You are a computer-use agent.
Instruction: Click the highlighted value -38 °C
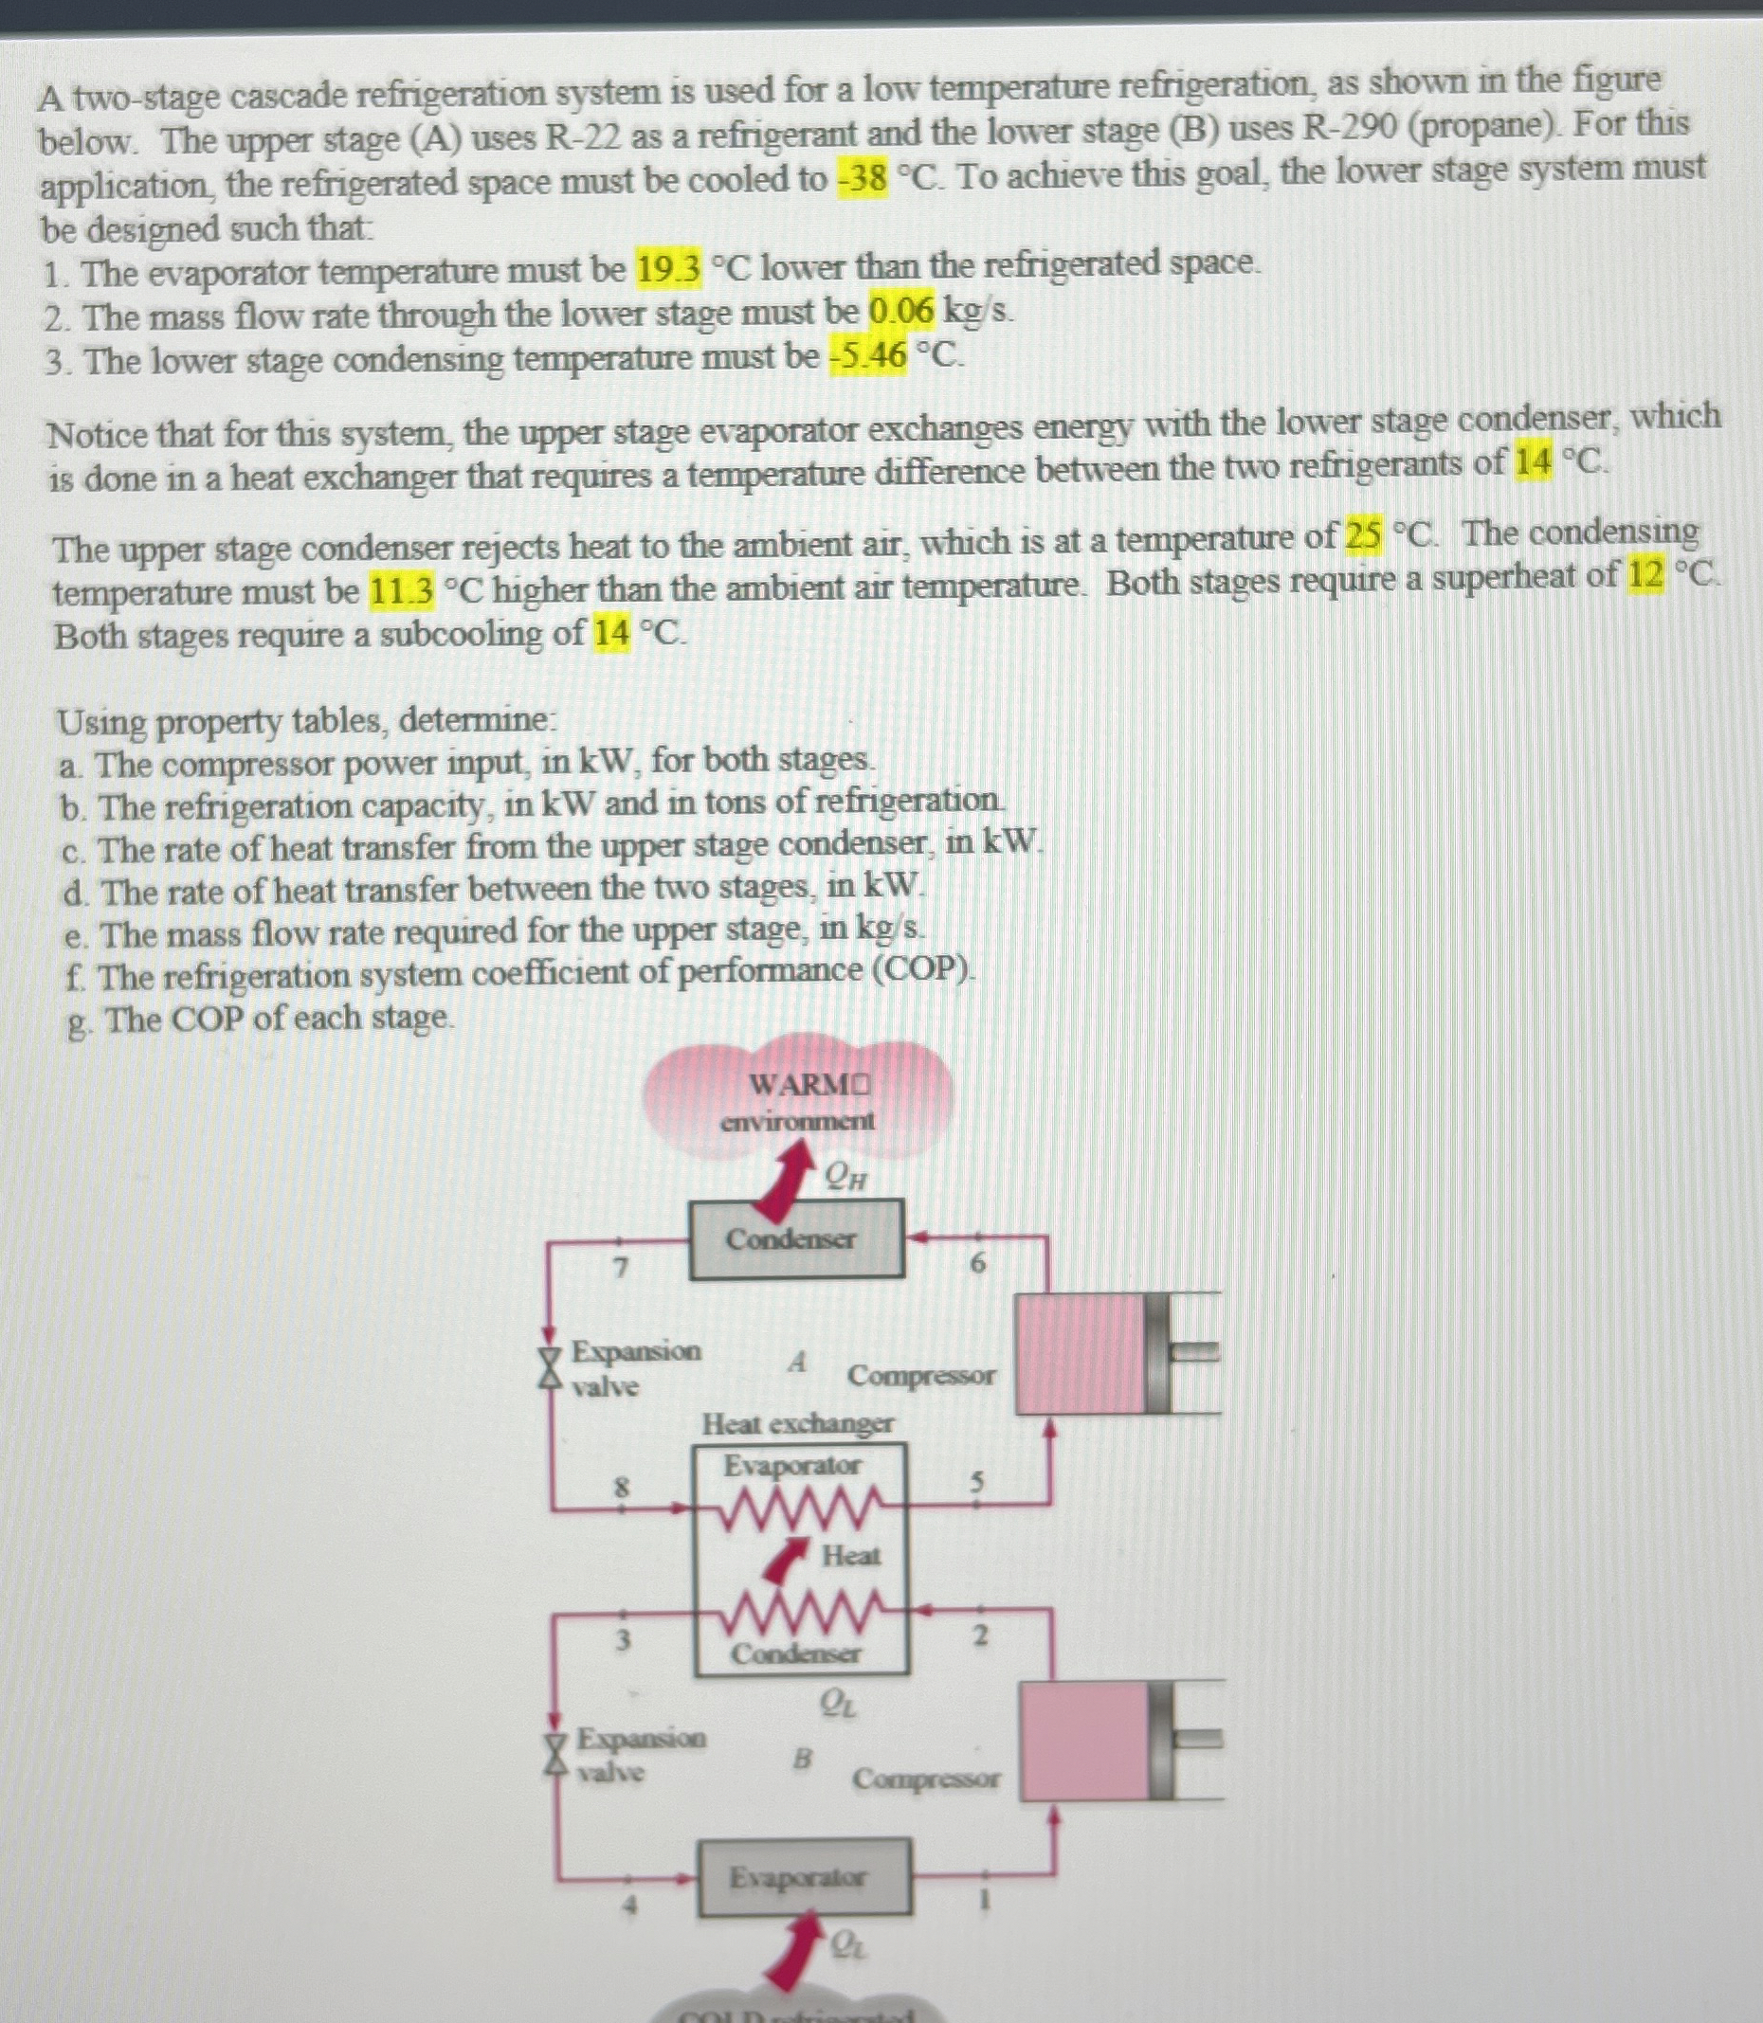pos(863,180)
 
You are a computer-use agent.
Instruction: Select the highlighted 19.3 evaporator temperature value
pos(669,267)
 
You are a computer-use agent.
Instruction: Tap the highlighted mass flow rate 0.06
pos(900,312)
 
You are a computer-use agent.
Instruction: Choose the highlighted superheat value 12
pos(1645,574)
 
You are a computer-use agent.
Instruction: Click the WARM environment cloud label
pos(799,1100)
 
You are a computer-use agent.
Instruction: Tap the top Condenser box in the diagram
pos(796,1239)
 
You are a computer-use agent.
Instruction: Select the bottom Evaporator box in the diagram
pos(804,1877)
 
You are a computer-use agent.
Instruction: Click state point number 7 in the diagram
pos(620,1268)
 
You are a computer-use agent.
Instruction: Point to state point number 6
pos(977,1264)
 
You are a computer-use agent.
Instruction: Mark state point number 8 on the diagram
pos(621,1488)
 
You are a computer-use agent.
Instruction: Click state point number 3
pos(622,1639)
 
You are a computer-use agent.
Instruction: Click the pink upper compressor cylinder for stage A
pos(1081,1353)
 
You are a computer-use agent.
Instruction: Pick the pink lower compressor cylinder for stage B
pos(1085,1741)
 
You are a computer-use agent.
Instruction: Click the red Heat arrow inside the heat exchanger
pos(782,1558)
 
